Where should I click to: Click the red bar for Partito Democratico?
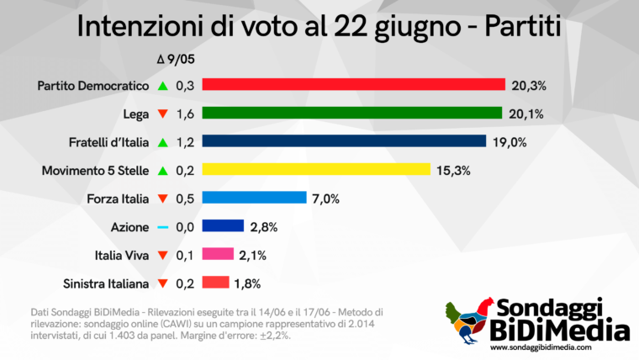click(353, 85)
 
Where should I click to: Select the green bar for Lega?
click(351, 114)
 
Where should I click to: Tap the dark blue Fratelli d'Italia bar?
click(344, 141)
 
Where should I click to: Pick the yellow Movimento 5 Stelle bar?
click(316, 170)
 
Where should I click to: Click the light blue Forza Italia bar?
click(254, 199)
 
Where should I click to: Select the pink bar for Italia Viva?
click(218, 255)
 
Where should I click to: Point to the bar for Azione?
click(223, 226)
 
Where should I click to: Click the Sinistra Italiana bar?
click(216, 283)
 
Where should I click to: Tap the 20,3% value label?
click(527, 85)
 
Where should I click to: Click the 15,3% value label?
click(454, 170)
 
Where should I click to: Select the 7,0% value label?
click(326, 199)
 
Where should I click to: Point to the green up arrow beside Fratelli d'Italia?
click(164, 141)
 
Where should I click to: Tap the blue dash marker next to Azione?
click(164, 227)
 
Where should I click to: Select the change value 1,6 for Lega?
click(185, 114)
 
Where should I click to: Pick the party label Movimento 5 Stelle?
click(96, 170)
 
